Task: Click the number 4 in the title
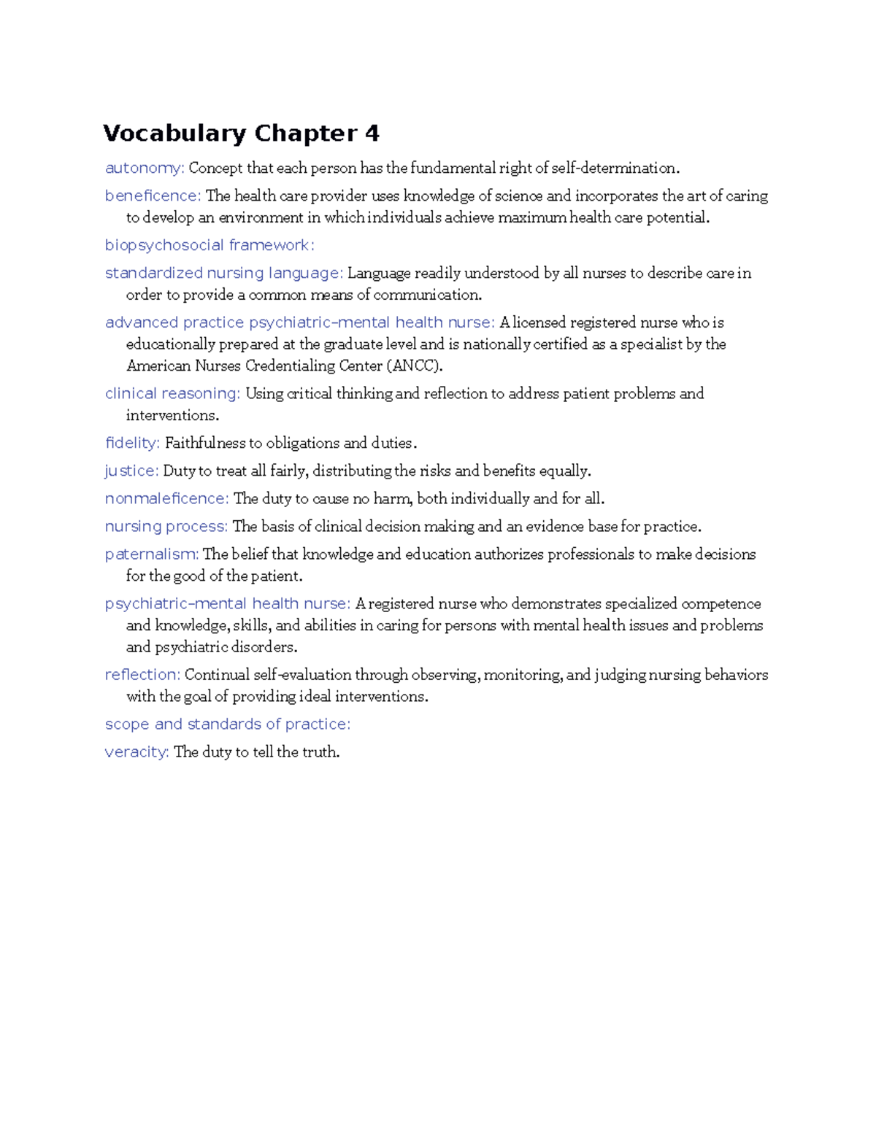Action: point(372,134)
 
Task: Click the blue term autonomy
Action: point(144,169)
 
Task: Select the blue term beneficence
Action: point(152,196)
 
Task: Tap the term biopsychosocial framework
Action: point(209,246)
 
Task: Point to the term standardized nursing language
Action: point(223,274)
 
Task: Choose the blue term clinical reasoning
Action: point(172,394)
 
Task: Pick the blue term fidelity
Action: point(131,444)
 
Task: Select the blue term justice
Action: point(131,471)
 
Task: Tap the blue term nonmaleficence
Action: point(166,499)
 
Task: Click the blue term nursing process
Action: point(165,527)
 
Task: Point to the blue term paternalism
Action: point(151,554)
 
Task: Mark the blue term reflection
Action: point(142,675)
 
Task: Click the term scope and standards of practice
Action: point(227,724)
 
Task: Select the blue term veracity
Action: point(137,752)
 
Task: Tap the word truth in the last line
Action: point(320,752)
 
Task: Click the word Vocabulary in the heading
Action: point(174,134)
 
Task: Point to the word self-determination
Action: point(615,169)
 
